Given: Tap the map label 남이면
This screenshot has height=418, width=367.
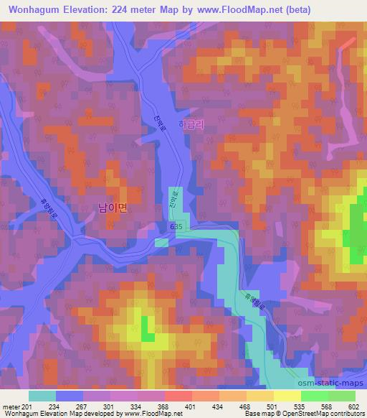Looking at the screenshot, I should [112, 208].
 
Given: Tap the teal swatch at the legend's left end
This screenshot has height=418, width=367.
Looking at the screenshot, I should [43, 395].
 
